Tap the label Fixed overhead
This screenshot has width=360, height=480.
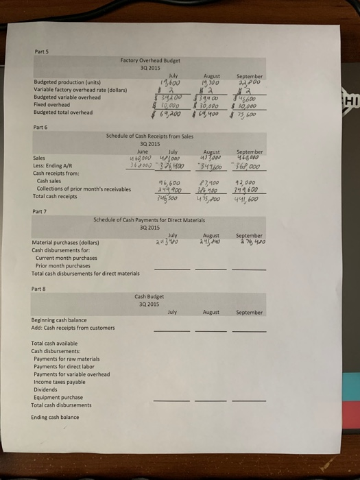tap(50, 106)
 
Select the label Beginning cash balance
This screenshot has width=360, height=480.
tap(58, 320)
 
